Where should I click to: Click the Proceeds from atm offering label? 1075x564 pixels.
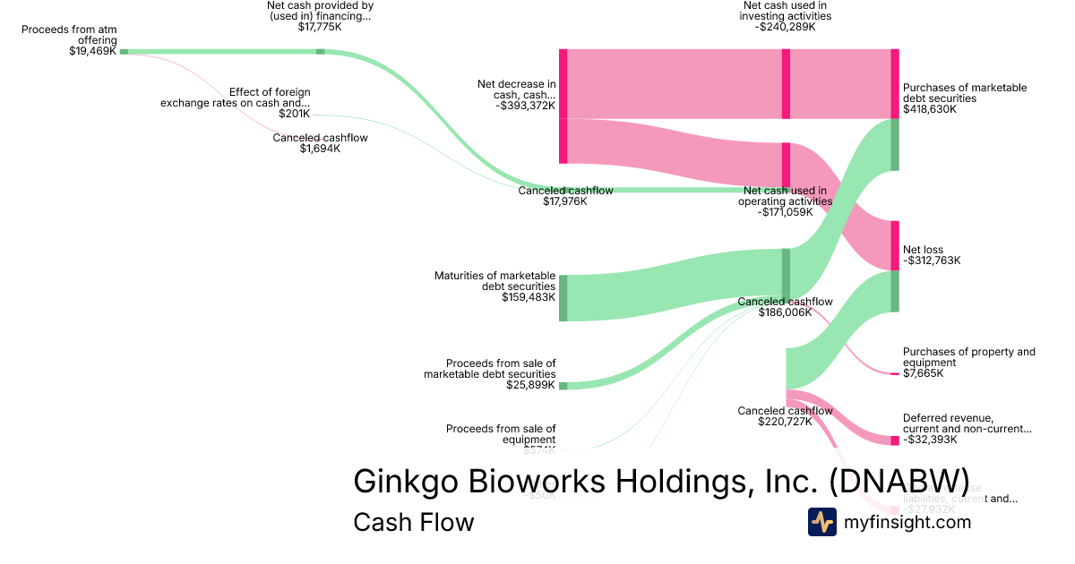(x=69, y=35)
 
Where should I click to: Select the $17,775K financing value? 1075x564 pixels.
(x=320, y=28)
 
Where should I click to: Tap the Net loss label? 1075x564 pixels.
(x=923, y=250)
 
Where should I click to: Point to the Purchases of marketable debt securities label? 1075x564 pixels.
(x=965, y=93)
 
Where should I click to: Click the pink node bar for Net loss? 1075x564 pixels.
(x=895, y=245)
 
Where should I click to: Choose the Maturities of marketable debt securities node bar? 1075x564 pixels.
(x=563, y=298)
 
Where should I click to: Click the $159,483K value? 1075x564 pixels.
(x=529, y=297)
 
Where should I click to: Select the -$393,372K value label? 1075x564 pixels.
(x=525, y=106)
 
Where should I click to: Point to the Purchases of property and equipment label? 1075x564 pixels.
(x=968, y=357)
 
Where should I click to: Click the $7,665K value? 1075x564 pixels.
(x=924, y=373)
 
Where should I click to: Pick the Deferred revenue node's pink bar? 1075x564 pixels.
(x=895, y=440)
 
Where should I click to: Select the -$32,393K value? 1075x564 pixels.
(x=930, y=440)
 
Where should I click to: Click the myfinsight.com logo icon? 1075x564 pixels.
(x=821, y=522)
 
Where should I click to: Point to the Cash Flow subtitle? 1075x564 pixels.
(x=413, y=522)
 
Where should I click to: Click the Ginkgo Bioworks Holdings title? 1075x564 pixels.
(x=661, y=481)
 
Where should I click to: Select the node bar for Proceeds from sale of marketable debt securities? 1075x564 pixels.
(x=563, y=385)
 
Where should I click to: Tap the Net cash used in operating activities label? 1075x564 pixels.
(x=785, y=201)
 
